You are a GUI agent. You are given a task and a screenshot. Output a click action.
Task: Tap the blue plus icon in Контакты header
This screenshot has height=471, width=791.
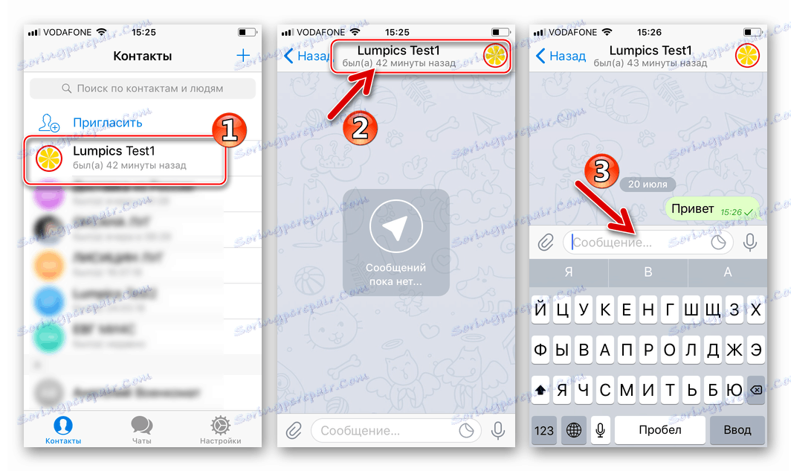pos(242,56)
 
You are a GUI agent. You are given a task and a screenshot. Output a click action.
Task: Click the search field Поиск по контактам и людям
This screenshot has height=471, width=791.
pos(143,89)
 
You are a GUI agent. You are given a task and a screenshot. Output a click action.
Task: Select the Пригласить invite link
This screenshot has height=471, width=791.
pos(107,123)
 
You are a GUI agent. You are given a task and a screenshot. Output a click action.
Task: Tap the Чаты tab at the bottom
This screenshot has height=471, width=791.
pos(141,429)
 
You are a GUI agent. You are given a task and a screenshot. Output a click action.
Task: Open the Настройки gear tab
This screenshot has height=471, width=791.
pos(220,429)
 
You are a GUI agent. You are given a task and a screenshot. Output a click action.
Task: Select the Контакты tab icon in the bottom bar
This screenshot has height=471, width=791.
pos(63,425)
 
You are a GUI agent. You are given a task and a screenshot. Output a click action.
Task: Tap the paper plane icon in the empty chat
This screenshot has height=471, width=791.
pos(395,230)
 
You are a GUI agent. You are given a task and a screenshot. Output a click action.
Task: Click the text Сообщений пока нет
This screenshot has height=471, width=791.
pos(395,275)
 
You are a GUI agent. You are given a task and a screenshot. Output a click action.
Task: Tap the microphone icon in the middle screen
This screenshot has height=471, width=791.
pos(497,430)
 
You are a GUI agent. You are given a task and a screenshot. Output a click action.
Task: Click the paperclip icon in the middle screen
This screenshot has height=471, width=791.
pos(294,430)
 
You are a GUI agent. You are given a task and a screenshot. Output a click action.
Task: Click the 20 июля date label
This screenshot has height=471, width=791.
pos(647,184)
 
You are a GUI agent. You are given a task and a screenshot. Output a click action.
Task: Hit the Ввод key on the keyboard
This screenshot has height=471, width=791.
pos(738,430)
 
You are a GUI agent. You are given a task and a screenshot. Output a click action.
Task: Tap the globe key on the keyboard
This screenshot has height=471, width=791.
pos(574,430)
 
